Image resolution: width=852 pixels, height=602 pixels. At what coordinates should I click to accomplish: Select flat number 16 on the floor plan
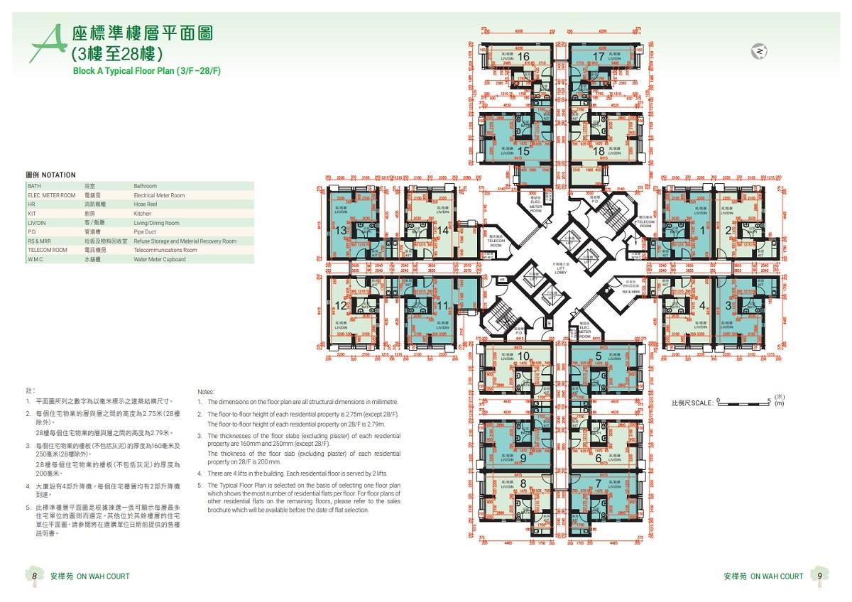pos(524,56)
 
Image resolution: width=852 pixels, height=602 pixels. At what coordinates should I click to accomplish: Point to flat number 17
pos(598,56)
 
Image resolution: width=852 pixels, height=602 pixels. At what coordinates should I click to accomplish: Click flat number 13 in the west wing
pos(341,230)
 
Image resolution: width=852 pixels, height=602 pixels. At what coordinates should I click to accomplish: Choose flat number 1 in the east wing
pos(703,229)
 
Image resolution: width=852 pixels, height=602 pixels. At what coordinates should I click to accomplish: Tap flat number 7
pos(599,483)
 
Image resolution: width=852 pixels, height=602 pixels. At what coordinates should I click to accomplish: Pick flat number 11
pos(442,306)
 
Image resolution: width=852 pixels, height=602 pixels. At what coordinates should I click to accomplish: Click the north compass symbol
pos(760,52)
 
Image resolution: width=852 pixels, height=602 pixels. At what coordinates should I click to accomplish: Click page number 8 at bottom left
pos(34,576)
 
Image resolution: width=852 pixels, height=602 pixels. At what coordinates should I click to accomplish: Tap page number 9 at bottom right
pos(819,576)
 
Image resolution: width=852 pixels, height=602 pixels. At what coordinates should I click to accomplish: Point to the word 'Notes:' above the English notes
pos(205,391)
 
